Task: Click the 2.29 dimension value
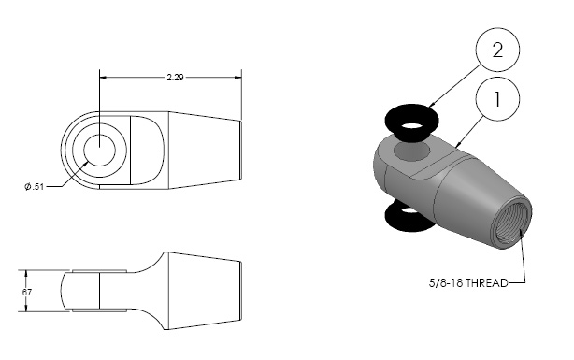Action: (x=175, y=78)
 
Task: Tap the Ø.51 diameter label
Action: (x=34, y=187)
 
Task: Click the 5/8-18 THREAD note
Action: (x=468, y=283)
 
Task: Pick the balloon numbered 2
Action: (x=497, y=50)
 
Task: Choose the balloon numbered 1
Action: (x=497, y=99)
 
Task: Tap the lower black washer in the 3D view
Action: (x=409, y=218)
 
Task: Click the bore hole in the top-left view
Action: (x=100, y=150)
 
